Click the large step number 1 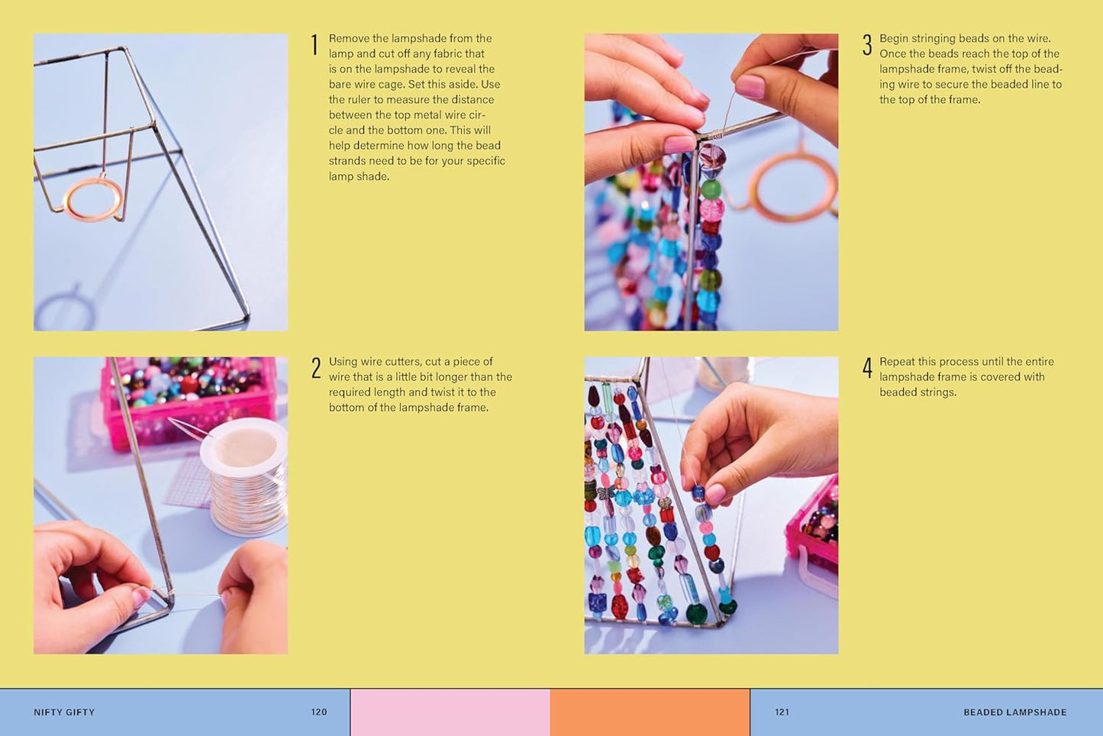(314, 45)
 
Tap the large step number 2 (316, 368)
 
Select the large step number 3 (867, 45)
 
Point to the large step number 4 (867, 368)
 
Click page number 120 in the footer (319, 712)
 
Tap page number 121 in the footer (782, 712)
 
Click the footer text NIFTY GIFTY (64, 712)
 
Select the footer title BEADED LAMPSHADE (1015, 712)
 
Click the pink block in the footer (450, 712)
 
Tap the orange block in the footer (650, 712)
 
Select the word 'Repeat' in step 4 (897, 362)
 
